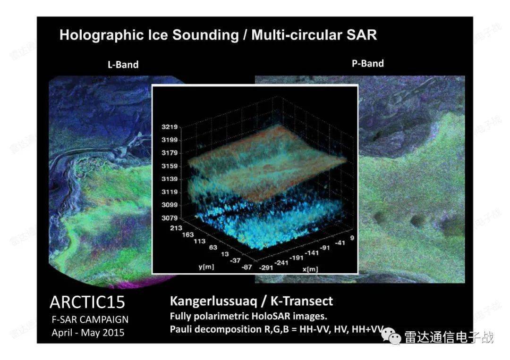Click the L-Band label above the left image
pyautogui.click(x=123, y=64)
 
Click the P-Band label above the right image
pyautogui.click(x=367, y=63)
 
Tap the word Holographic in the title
pyautogui.click(x=102, y=35)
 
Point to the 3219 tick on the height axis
pyautogui.click(x=170, y=127)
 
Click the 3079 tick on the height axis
pyautogui.click(x=170, y=218)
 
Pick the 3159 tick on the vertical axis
pyautogui.click(x=170, y=166)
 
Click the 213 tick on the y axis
pyautogui.click(x=176, y=228)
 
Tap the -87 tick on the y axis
pyautogui.click(x=247, y=267)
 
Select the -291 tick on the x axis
pyautogui.click(x=266, y=268)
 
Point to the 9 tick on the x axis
pyautogui.click(x=352, y=238)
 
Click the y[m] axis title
pyautogui.click(x=206, y=267)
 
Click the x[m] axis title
pyautogui.click(x=310, y=269)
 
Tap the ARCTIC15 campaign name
pyautogui.click(x=87, y=302)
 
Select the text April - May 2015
pyautogui.click(x=88, y=333)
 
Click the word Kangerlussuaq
pyautogui.click(x=213, y=301)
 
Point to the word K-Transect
pyautogui.click(x=301, y=301)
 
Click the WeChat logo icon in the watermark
pyautogui.click(x=391, y=336)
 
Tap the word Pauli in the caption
pyautogui.click(x=181, y=329)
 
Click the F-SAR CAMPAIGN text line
pyautogui.click(x=90, y=320)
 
